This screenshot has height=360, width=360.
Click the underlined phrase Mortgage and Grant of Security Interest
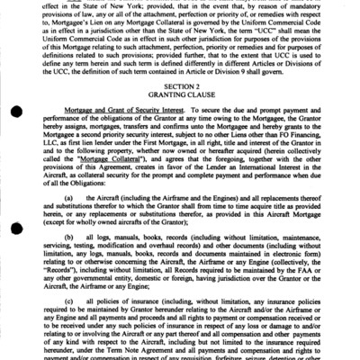pyautogui.click(x=139, y=124)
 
